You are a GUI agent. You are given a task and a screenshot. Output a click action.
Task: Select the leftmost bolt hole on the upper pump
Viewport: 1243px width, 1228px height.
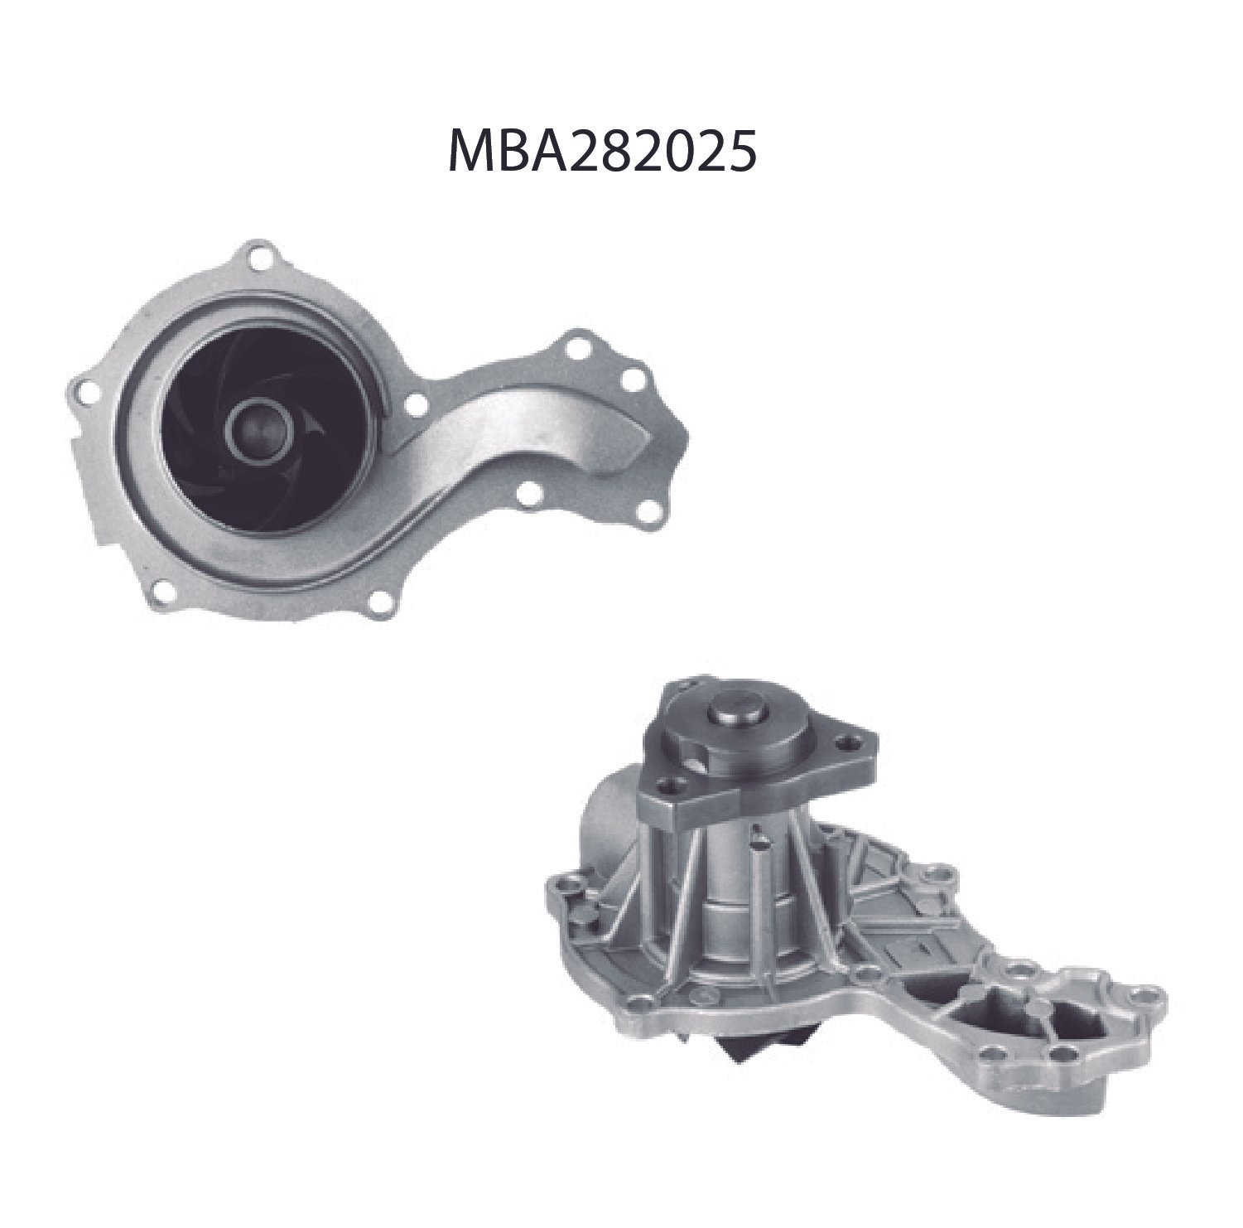(80, 388)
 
